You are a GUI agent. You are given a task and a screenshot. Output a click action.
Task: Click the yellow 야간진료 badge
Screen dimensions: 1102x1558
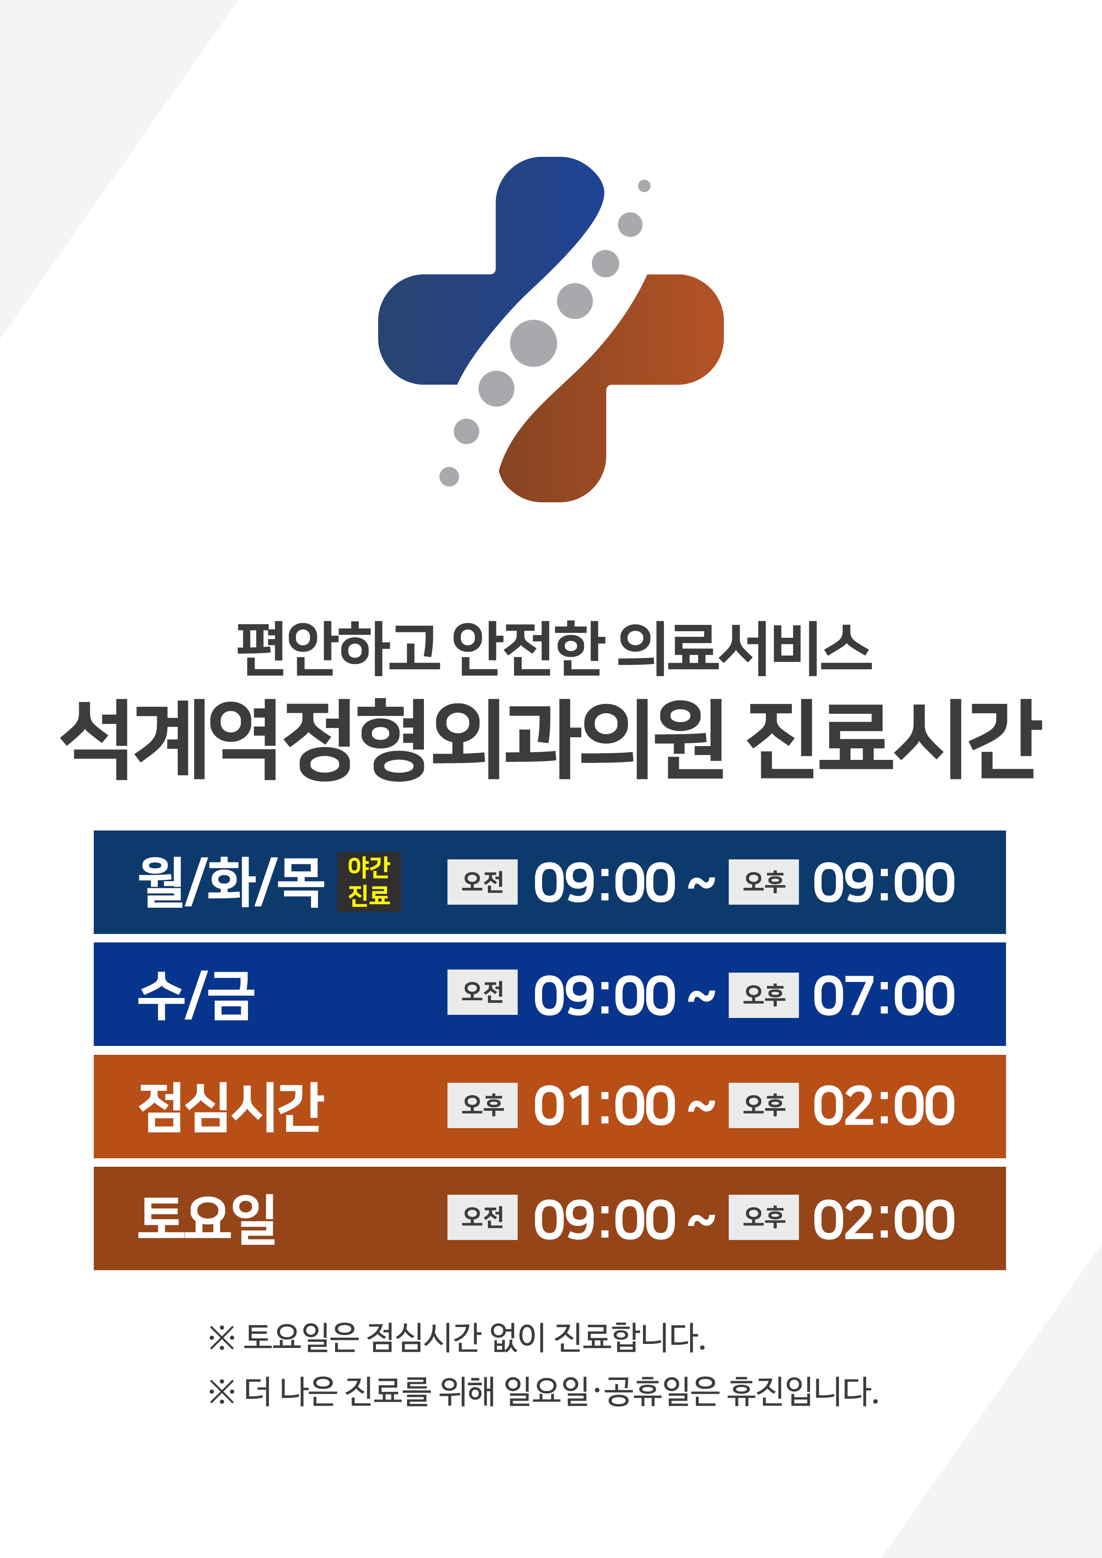369,882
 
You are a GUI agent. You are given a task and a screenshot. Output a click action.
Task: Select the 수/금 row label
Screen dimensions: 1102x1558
196,995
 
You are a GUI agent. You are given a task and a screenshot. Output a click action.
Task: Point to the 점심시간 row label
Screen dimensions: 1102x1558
231,1107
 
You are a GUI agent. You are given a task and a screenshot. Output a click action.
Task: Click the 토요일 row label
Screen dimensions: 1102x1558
207,1220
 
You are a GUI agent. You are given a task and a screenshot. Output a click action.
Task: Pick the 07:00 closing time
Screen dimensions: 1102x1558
883,995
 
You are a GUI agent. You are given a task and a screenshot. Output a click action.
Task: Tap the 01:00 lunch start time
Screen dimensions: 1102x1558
604,1106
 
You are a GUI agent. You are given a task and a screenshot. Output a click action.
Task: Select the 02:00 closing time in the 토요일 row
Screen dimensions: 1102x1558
883,1220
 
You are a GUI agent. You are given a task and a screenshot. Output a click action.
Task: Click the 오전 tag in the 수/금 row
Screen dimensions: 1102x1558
482,992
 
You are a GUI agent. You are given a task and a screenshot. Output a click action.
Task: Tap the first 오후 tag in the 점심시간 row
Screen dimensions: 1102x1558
482,1105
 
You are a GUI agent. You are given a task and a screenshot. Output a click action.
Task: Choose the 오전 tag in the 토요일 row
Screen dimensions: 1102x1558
482,1217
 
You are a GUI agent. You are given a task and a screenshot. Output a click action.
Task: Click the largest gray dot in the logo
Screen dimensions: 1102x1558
533,343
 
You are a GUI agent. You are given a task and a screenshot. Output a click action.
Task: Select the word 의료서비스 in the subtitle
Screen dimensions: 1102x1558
744,649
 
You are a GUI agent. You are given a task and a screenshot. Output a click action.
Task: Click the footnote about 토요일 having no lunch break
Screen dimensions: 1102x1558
457,1337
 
